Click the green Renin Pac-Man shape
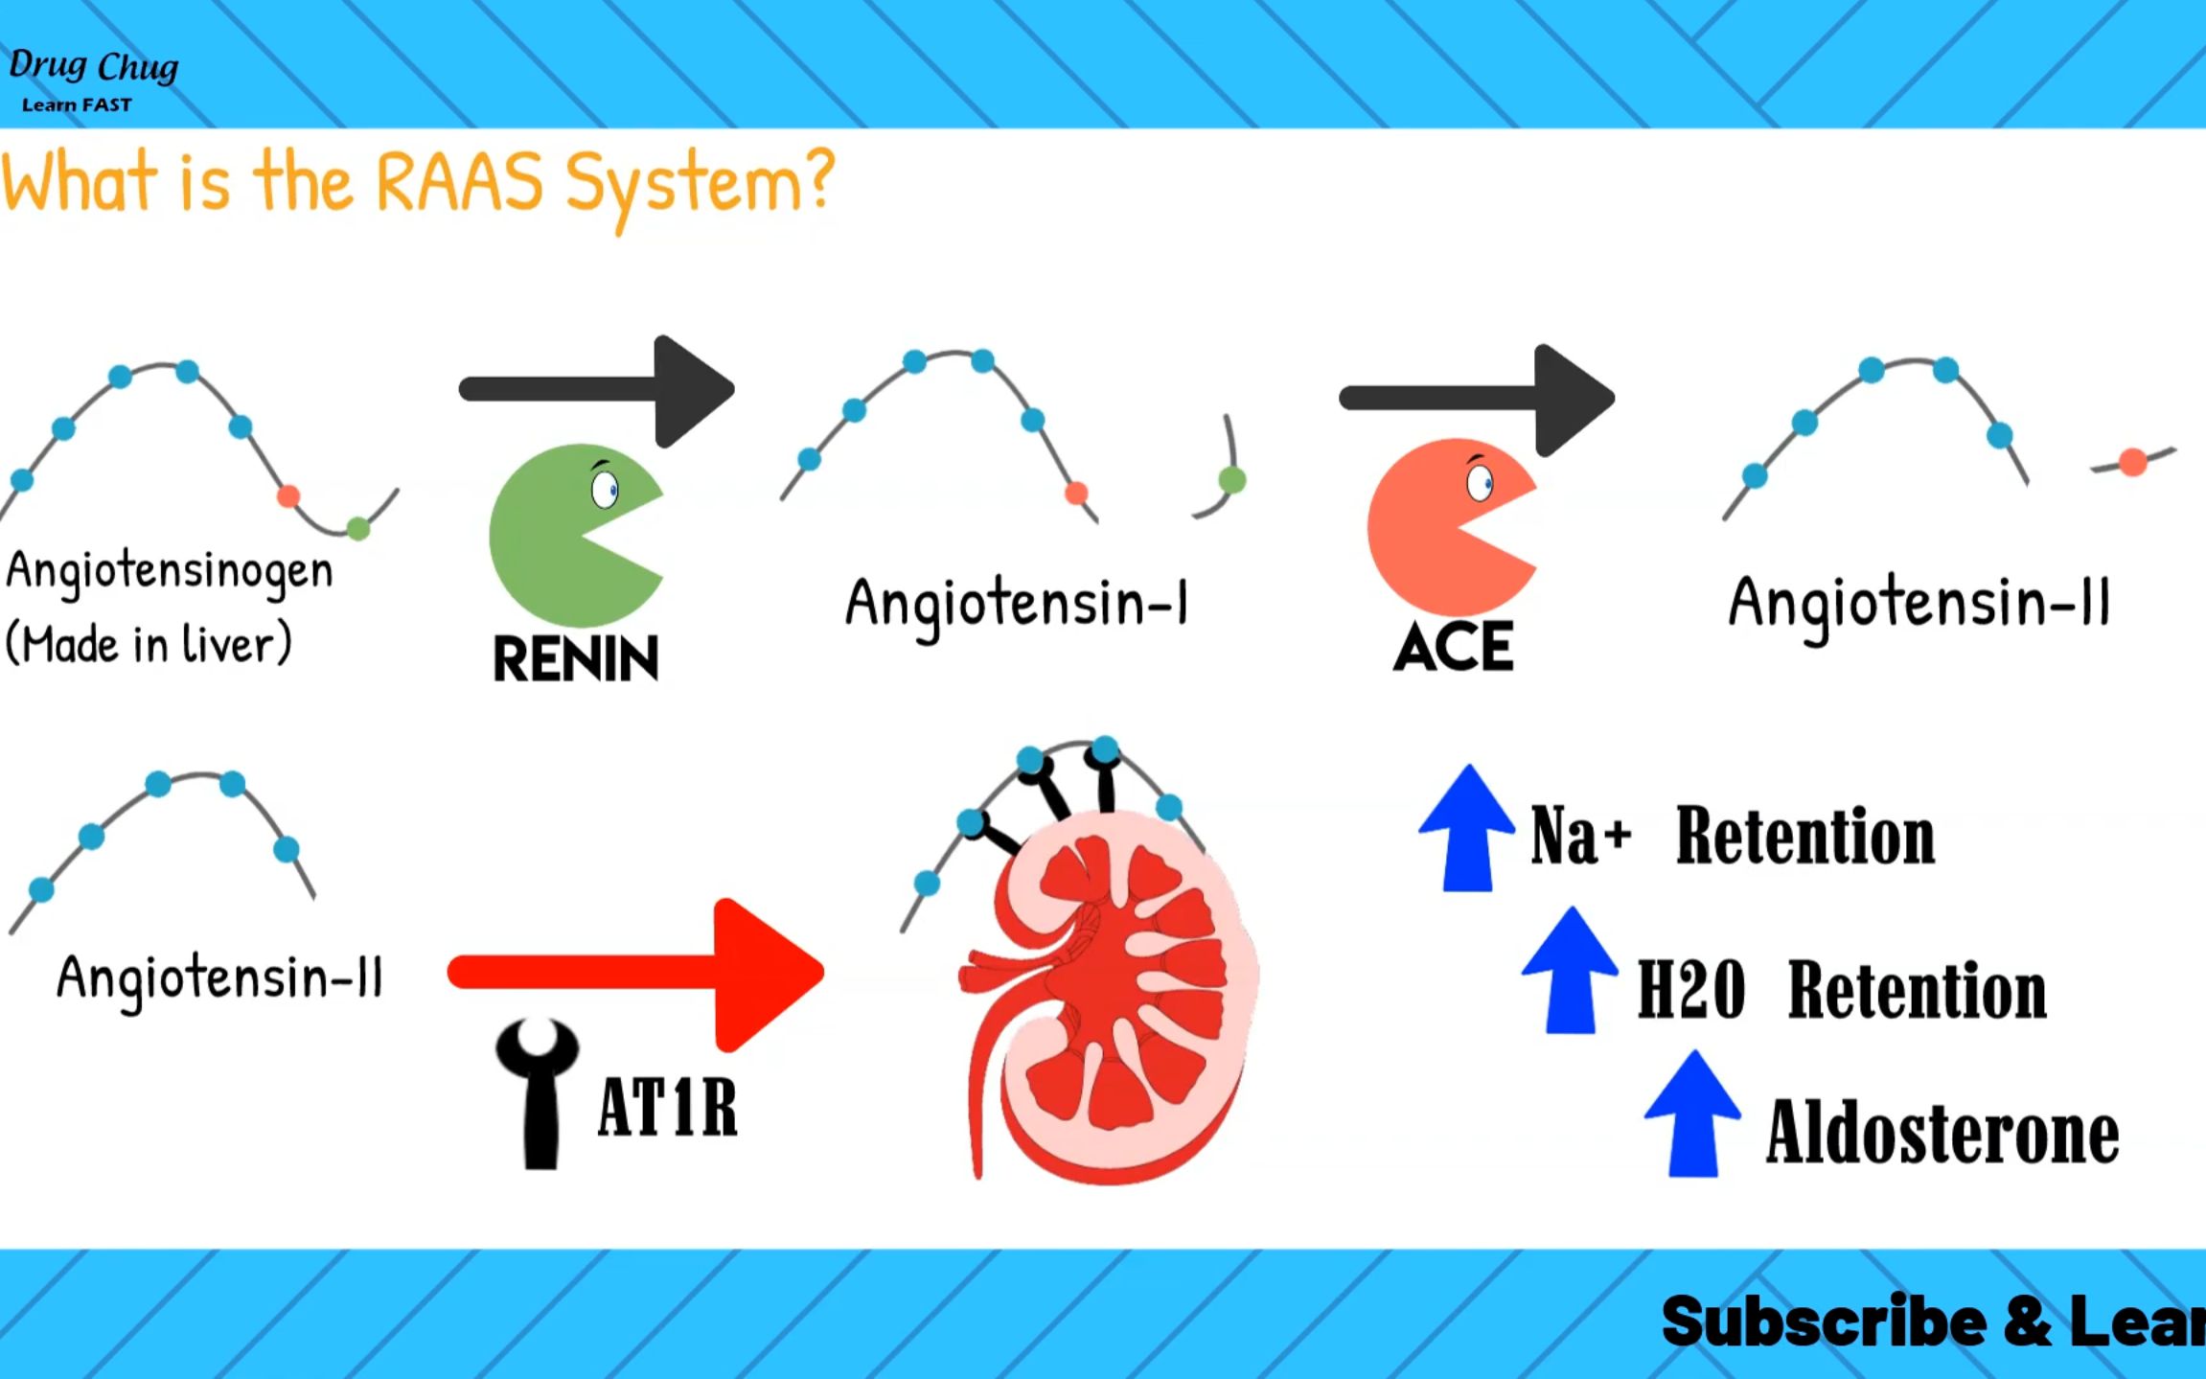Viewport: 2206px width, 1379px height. (x=556, y=537)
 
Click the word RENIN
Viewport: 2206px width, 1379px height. (x=576, y=658)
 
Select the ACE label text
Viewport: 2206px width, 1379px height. (x=1454, y=647)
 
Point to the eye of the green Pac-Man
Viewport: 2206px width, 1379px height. (x=605, y=489)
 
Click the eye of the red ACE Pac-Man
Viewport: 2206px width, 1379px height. (x=1480, y=482)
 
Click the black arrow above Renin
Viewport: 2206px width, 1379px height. (x=597, y=390)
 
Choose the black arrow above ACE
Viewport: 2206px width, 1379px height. (x=1477, y=399)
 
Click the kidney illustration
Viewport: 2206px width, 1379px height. (x=1112, y=997)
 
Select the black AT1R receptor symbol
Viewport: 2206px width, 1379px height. (x=539, y=1092)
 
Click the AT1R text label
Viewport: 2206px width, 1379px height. (x=668, y=1108)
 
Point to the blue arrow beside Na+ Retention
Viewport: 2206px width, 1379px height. (x=1467, y=829)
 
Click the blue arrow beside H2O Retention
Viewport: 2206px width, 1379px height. (x=1571, y=971)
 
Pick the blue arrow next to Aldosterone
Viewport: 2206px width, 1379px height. (x=1692, y=1114)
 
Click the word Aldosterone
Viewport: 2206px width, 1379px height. (x=1942, y=1133)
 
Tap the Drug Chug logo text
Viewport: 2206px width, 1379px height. (x=93, y=67)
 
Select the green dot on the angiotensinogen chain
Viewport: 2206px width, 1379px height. (x=358, y=528)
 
